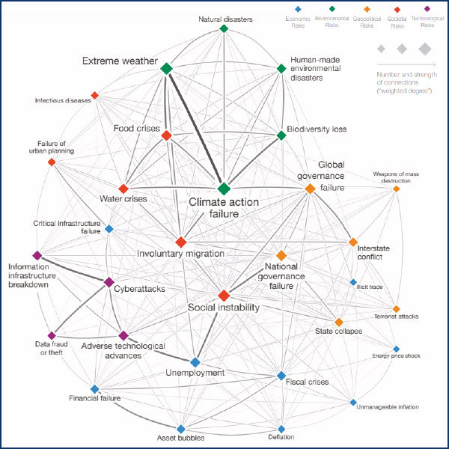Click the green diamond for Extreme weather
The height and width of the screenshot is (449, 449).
click(166, 69)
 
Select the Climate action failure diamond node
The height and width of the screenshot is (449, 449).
click(223, 189)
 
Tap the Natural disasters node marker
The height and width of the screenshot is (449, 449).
click(223, 29)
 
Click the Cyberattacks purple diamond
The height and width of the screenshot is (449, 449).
click(109, 282)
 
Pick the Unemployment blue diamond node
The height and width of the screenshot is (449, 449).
click(195, 362)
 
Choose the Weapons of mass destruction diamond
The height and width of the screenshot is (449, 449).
click(396, 189)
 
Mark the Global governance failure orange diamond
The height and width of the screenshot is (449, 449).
click(310, 189)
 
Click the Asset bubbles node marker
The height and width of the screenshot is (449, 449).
click(180, 427)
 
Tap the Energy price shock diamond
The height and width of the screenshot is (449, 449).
click(396, 349)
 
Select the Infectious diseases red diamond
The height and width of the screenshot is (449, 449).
click(94, 96)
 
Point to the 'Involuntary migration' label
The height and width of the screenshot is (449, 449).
click(180, 254)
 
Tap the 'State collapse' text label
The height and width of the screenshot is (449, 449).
click(338, 331)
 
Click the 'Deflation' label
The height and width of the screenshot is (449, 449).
click(281, 437)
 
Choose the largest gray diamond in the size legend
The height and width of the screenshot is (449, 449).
click(424, 49)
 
